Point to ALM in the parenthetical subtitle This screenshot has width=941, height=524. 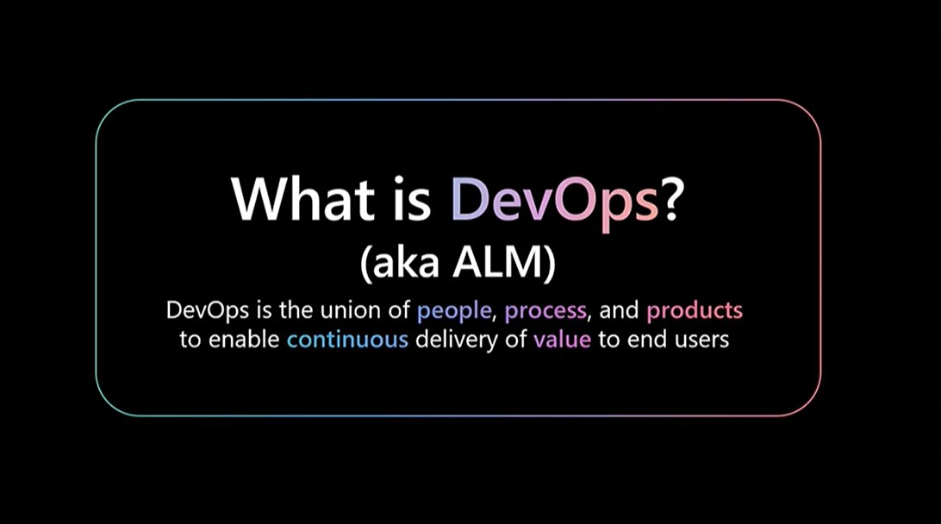[x=502, y=265]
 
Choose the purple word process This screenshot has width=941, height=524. [x=545, y=310]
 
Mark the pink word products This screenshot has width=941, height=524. [x=695, y=310]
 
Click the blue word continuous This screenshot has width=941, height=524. [x=347, y=340]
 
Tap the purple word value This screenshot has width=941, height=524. [x=562, y=340]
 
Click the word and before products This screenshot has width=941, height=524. [x=620, y=310]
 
